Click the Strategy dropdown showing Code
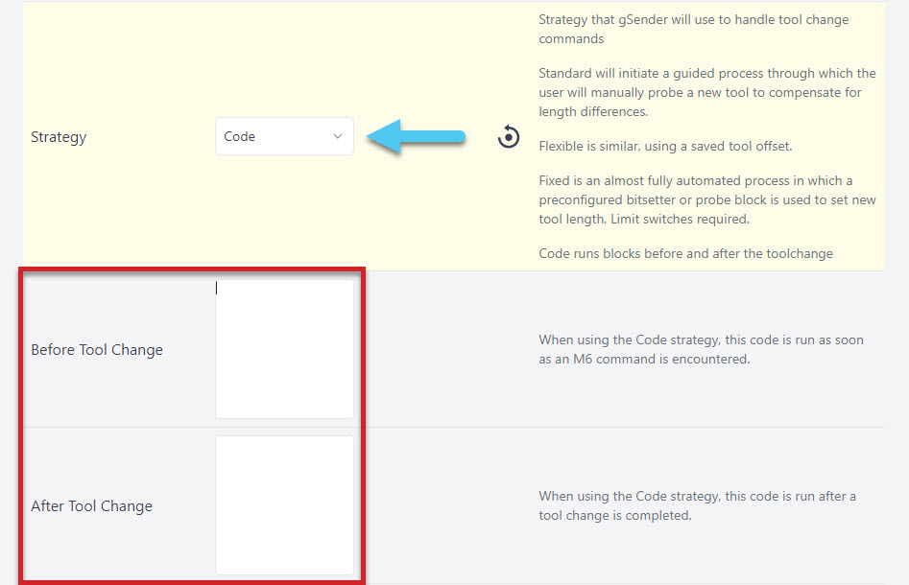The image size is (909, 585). coord(284,136)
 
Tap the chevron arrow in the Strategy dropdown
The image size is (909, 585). coord(338,136)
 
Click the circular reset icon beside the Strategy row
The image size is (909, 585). coord(509,137)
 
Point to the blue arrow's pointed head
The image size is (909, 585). coord(369,137)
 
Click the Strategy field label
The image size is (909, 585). coord(59,137)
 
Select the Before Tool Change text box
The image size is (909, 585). coord(284,349)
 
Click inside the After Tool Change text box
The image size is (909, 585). coord(284,505)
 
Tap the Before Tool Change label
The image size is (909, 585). coord(97,350)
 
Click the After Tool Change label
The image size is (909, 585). coord(91,506)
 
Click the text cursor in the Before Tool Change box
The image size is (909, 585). coord(217,288)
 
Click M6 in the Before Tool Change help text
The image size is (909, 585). coord(583,359)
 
